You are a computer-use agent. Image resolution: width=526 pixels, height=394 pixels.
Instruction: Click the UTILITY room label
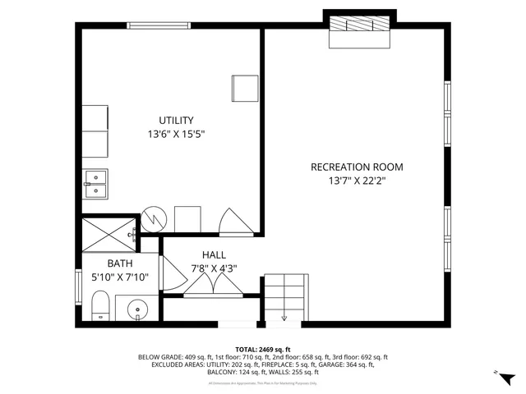point(177,121)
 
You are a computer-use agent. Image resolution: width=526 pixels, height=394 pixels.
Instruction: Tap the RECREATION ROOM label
point(357,167)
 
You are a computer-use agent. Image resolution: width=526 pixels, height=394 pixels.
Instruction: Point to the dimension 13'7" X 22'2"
point(357,180)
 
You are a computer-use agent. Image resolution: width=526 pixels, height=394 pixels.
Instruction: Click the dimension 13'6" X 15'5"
point(176,134)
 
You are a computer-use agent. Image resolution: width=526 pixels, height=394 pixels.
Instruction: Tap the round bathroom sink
point(137,310)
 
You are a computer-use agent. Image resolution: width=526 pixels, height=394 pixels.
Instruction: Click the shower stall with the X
point(110,233)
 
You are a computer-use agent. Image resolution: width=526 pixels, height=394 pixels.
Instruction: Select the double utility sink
point(96,184)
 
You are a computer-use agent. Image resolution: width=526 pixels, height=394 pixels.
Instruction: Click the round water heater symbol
point(154,219)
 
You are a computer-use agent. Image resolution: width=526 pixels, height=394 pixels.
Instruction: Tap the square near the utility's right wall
point(245,88)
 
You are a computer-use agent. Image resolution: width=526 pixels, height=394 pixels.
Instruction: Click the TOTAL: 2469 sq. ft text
point(263,350)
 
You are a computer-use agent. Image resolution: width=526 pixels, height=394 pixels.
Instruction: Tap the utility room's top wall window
point(150,25)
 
